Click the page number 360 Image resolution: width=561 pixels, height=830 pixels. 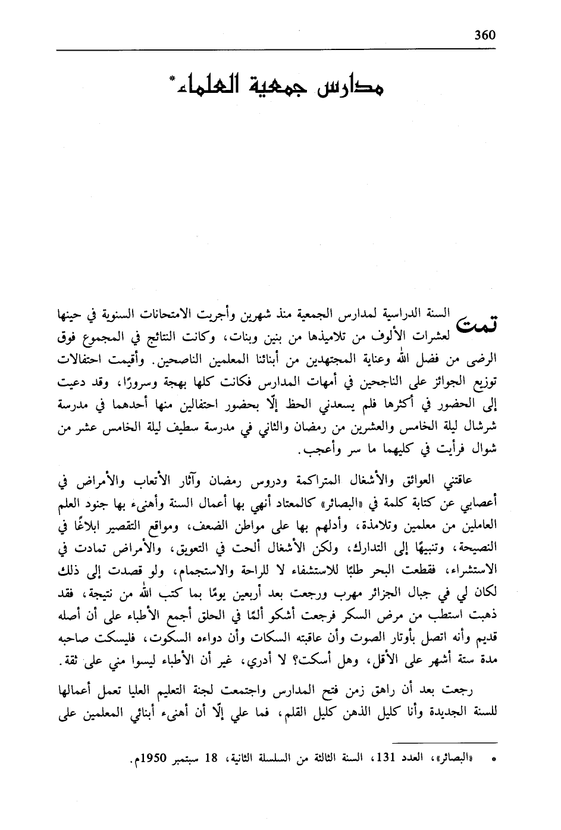click(x=485, y=35)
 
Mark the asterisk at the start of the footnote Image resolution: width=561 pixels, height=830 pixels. click(x=493, y=762)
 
